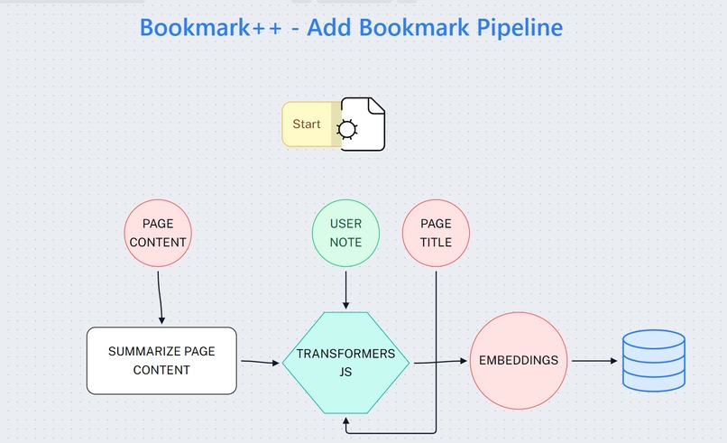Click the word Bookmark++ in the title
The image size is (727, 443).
[207, 27]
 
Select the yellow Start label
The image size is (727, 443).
[307, 124]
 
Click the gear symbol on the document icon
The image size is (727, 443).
[346, 130]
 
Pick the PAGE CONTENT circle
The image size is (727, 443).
[159, 233]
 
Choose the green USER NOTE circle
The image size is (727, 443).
[345, 233]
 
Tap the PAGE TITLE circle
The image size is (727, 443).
[436, 233]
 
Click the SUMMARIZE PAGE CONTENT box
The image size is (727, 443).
[161, 360]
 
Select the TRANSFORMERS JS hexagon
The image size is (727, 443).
[345, 362]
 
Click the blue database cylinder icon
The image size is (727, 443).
[654, 360]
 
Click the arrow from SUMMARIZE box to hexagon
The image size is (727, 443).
[260, 363]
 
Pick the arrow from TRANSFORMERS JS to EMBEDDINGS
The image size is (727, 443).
[438, 363]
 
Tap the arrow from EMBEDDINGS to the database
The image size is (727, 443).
[594, 361]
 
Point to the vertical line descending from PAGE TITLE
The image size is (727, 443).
[437, 352]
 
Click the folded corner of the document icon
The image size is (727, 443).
[376, 106]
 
